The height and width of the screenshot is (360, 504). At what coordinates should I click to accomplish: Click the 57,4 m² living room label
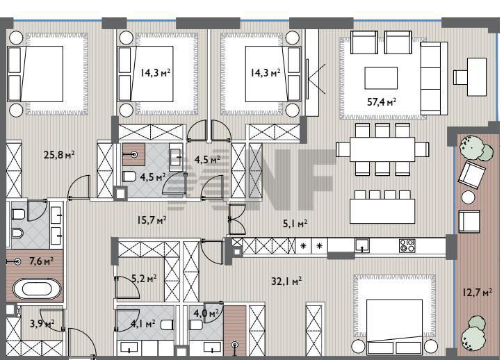pyautogui.click(x=382, y=102)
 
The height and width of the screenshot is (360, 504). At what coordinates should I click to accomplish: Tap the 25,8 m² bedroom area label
pyautogui.click(x=59, y=155)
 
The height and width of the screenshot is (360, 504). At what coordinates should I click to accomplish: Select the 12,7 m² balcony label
pyautogui.click(x=478, y=293)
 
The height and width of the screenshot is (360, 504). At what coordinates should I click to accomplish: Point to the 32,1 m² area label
pyautogui.click(x=286, y=281)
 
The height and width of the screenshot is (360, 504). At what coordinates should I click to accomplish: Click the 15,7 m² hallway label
pyautogui.click(x=152, y=220)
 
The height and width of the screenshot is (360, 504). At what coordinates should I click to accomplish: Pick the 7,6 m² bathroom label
pyautogui.click(x=41, y=261)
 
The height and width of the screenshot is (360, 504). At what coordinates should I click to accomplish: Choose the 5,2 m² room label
pyautogui.click(x=145, y=279)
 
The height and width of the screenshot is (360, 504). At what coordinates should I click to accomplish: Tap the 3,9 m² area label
pyautogui.click(x=42, y=323)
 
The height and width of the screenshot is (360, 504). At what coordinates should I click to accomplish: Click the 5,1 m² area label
pyautogui.click(x=295, y=223)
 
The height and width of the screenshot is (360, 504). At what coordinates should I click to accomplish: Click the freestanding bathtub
pyautogui.click(x=37, y=288)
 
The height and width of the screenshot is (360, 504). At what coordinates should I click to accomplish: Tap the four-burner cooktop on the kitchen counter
pyautogui.click(x=407, y=245)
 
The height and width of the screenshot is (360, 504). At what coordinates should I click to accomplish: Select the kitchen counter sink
pyautogui.click(x=362, y=245)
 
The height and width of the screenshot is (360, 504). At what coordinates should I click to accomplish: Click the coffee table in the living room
pyautogui.click(x=381, y=78)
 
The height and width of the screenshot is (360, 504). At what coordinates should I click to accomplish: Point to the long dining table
pyautogui.click(x=382, y=149)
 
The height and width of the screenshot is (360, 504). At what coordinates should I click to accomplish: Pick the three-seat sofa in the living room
pyautogui.click(x=434, y=78)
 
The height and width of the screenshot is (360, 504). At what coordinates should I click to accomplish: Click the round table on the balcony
pyautogui.click(x=469, y=197)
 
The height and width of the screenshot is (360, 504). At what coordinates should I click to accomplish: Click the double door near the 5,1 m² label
pyautogui.click(x=236, y=219)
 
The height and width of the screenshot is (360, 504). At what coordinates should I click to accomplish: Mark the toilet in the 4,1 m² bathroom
pyautogui.click(x=167, y=325)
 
